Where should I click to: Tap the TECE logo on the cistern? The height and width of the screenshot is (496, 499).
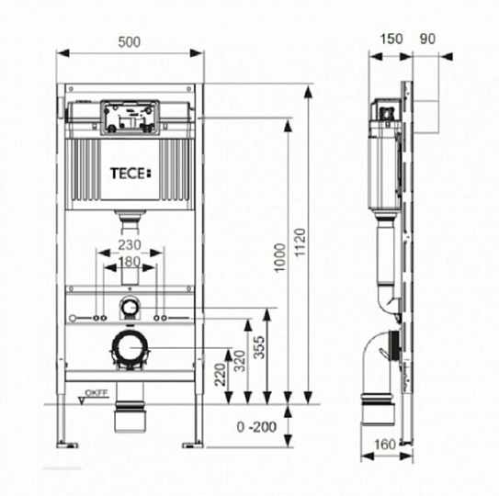[x=129, y=172]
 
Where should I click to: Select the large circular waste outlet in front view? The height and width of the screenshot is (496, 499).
[x=130, y=350]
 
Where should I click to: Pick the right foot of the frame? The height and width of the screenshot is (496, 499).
[x=192, y=445]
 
